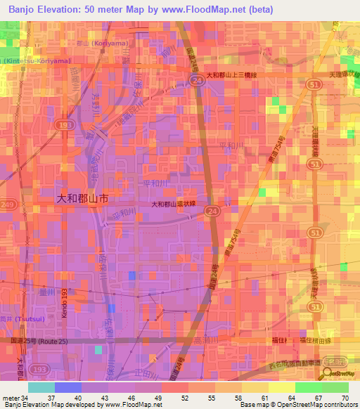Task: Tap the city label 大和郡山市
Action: (82, 199)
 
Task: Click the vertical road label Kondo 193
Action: (64, 301)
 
